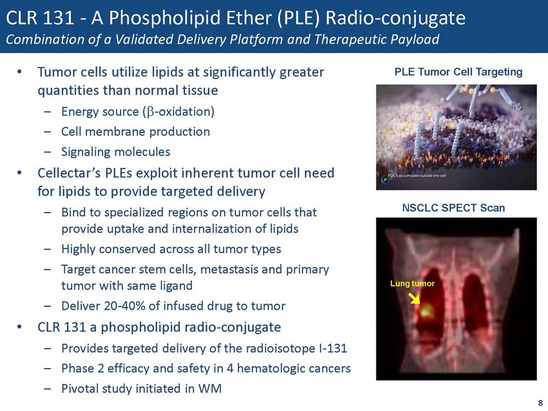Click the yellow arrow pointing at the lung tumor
coord(415,298)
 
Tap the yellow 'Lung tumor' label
coord(412,283)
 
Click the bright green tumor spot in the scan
coord(426,310)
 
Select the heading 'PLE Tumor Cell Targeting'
coord(458,72)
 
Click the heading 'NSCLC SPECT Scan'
coord(453,208)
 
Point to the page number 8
coord(540,403)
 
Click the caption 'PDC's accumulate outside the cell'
coord(417,176)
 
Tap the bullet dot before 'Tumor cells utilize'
coord(19,72)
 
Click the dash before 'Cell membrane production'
coord(48,132)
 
